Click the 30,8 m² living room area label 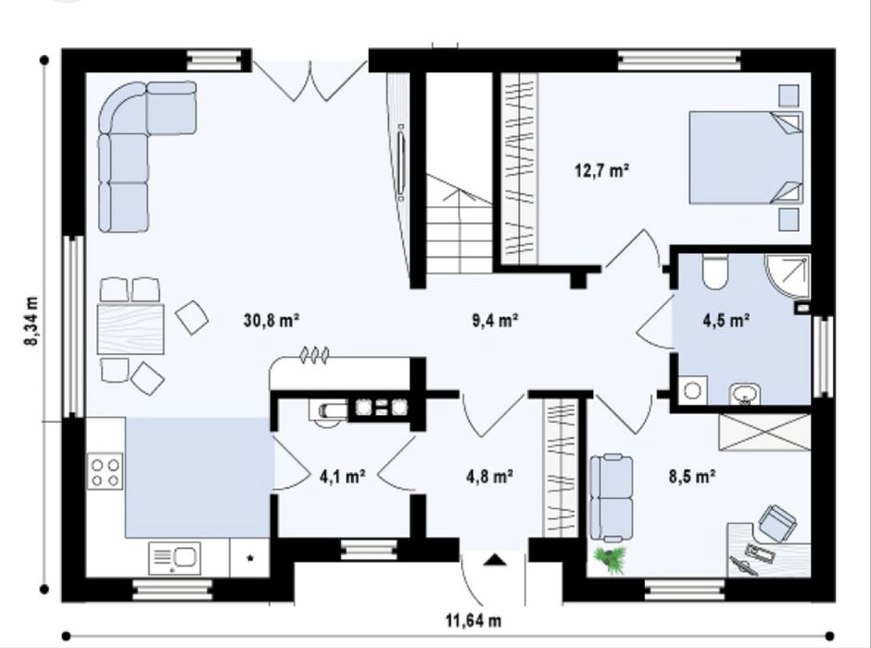271,321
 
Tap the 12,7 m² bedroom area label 602,170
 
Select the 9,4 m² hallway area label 496,321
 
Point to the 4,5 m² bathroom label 727,321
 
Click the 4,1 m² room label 343,476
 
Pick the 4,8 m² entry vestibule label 489,476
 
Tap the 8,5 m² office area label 692,476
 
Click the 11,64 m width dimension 473,619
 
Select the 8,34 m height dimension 32,321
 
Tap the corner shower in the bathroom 788,277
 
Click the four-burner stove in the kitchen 105,471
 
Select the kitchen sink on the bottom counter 173,558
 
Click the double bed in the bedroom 746,158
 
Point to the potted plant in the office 612,559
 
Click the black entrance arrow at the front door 494,560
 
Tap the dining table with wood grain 131,328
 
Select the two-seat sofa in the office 611,498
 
